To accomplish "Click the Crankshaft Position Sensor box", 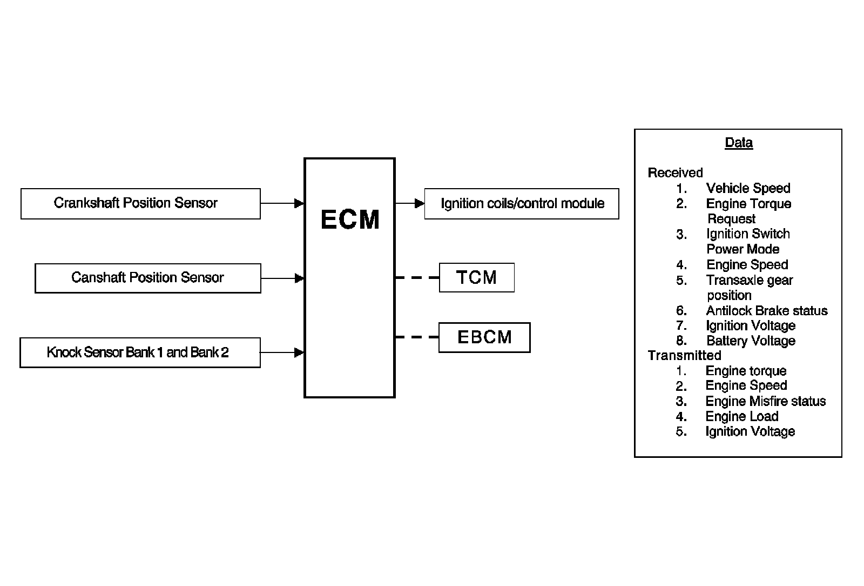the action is [x=140, y=204].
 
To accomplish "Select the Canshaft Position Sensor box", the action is [x=148, y=278].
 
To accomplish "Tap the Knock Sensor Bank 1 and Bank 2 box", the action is [x=140, y=352].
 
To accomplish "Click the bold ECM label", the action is [x=350, y=219].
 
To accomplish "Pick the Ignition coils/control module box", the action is [x=522, y=204].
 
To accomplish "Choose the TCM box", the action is [x=477, y=277].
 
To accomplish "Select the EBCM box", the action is [x=484, y=337].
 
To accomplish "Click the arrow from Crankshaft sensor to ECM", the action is [x=282, y=203].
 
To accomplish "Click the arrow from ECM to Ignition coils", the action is [x=410, y=203].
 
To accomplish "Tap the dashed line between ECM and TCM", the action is [x=417, y=277].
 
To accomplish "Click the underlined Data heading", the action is [x=739, y=143].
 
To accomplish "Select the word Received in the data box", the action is [x=676, y=172].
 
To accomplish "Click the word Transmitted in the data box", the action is [x=684, y=355].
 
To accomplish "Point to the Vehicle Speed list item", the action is [x=748, y=188].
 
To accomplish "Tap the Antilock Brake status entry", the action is [x=767, y=311].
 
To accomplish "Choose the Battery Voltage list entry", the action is [x=751, y=341].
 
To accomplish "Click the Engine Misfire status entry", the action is [x=766, y=402].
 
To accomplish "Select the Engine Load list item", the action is [x=742, y=417].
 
